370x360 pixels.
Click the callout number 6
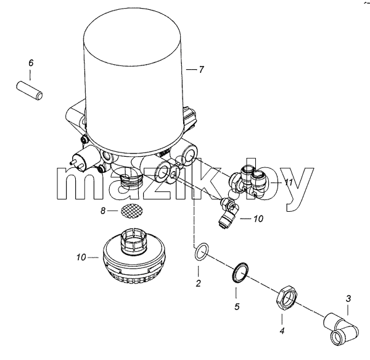coord(31,63)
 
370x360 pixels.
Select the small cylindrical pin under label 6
coord(30,90)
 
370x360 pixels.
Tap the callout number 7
coord(201,70)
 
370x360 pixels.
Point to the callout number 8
coord(103,211)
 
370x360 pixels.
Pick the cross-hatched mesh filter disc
coord(132,211)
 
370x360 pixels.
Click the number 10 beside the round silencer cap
coord(81,257)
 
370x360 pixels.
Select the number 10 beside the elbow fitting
coord(258,219)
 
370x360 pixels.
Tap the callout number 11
coord(289,182)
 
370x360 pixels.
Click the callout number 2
coord(198,283)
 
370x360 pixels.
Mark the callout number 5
coord(237,307)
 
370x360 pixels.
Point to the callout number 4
coord(282,331)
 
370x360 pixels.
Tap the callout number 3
coord(348,299)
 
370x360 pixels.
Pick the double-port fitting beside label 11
coord(248,182)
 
